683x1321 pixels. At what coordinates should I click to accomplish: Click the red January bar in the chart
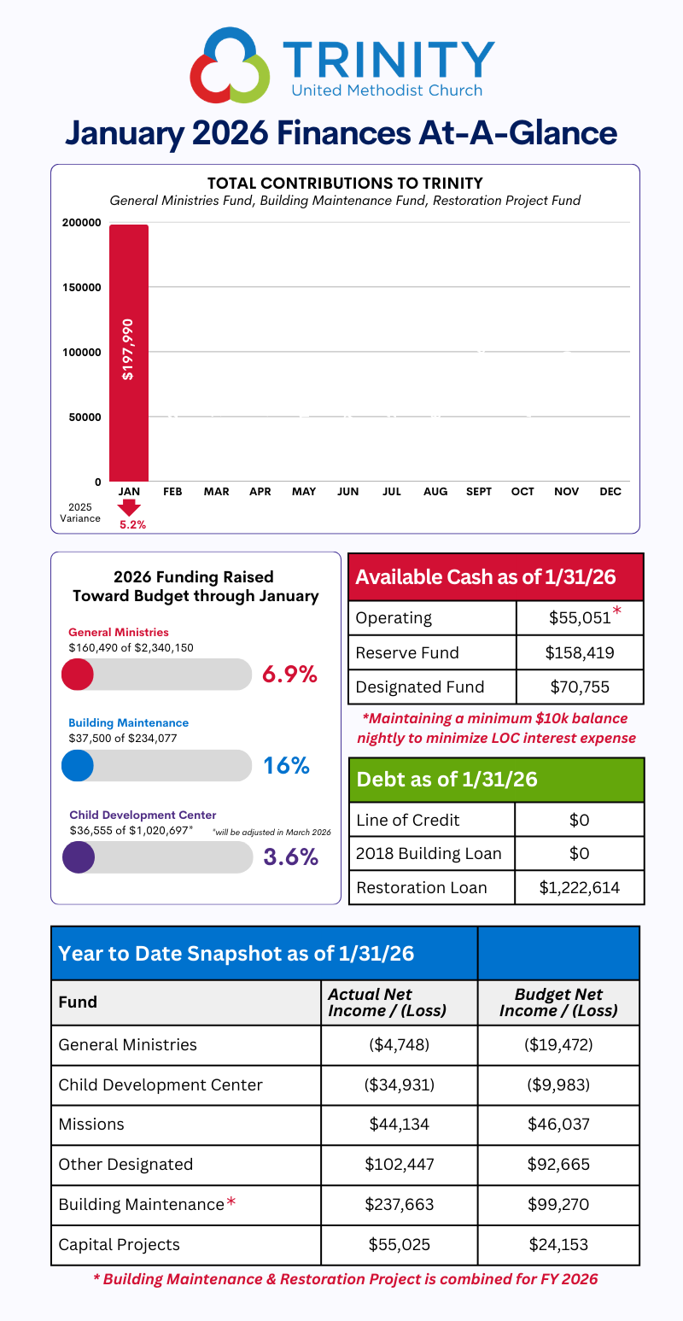(x=128, y=353)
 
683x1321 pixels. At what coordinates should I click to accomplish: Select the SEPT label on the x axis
(x=478, y=492)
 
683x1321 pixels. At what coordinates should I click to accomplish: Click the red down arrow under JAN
(x=129, y=508)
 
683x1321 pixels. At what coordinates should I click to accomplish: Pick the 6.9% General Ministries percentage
(x=289, y=674)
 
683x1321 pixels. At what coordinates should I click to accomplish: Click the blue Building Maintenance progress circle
(x=77, y=765)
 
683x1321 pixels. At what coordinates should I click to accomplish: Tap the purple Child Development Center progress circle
(x=79, y=856)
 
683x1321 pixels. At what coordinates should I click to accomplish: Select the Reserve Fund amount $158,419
(x=579, y=652)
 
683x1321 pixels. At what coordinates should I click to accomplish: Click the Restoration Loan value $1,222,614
(x=579, y=887)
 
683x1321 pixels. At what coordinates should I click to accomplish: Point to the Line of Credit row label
(x=408, y=820)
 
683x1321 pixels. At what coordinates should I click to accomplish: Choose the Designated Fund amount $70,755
(x=579, y=687)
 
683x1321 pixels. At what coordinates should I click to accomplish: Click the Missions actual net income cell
(x=399, y=1125)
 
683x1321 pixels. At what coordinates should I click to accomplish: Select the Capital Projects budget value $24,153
(x=558, y=1244)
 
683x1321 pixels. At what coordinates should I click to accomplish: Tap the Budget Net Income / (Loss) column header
(x=558, y=1002)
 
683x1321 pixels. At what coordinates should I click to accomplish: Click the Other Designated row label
(x=126, y=1165)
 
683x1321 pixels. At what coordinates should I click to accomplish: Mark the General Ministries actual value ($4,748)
(x=399, y=1044)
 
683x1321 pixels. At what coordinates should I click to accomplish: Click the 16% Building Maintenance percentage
(x=286, y=765)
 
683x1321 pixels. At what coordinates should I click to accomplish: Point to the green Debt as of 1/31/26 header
(x=496, y=780)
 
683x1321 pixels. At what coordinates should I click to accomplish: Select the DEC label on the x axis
(x=610, y=492)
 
